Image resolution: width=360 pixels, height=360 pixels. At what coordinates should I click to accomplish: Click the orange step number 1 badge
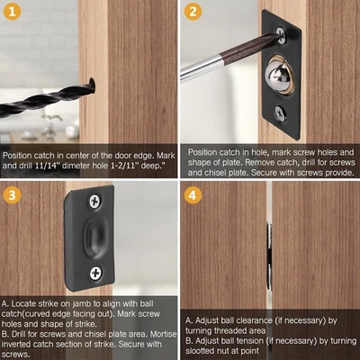(14, 13)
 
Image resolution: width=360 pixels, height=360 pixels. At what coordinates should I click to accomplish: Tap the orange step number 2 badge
(193, 13)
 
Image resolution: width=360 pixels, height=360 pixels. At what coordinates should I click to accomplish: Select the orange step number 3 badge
(14, 193)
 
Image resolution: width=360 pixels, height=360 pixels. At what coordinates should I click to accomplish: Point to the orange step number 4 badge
(193, 193)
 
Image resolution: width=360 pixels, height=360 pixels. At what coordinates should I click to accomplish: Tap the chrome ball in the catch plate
(278, 73)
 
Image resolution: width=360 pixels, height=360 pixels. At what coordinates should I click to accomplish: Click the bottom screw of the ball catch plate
(281, 112)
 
